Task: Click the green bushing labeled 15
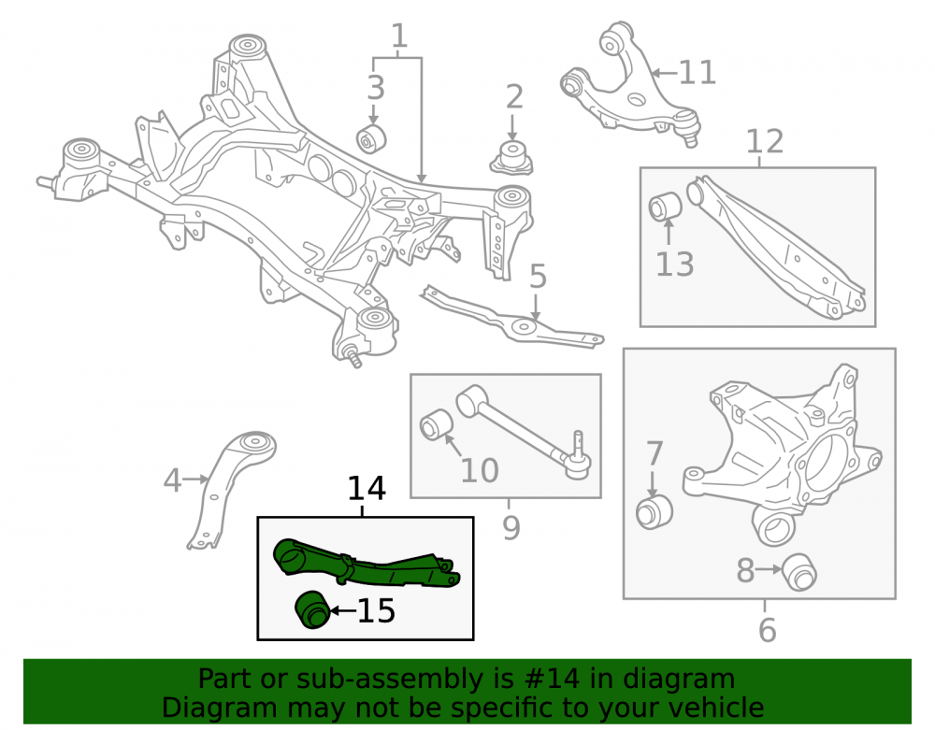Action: tap(312, 609)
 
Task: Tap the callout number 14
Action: tap(367, 488)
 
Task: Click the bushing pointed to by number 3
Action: tap(371, 138)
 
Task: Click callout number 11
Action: tap(698, 73)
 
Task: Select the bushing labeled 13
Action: tap(666, 207)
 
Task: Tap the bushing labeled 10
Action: tap(437, 424)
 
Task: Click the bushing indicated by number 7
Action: tap(654, 511)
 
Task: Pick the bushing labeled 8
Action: tap(799, 571)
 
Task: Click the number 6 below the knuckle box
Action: tap(767, 630)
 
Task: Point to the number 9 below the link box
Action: tap(511, 527)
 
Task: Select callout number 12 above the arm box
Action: tap(765, 142)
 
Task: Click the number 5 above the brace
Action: tap(538, 277)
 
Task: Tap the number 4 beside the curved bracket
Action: tap(172, 480)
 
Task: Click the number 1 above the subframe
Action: tap(399, 36)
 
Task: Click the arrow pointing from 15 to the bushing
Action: tap(343, 610)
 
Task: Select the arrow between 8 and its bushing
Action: tap(770, 569)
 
